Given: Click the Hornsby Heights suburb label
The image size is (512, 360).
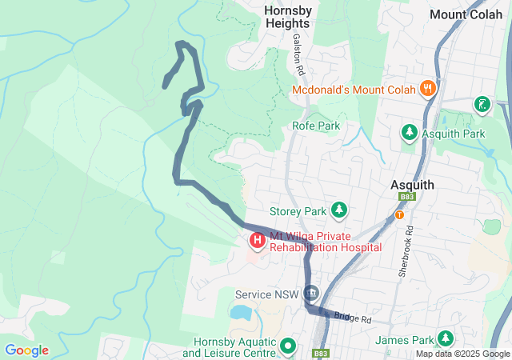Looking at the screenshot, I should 288,18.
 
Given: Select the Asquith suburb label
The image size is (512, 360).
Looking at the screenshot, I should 412,185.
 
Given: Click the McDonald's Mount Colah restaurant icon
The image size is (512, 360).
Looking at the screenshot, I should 429,90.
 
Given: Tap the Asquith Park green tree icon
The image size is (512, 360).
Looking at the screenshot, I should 409,132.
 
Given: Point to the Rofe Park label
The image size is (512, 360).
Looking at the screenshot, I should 316,126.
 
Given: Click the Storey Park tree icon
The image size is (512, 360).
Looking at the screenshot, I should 339,210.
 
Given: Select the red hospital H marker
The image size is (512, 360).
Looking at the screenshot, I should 258,239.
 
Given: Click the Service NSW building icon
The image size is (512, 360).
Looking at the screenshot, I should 310,294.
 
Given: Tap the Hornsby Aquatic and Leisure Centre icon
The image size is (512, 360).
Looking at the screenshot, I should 288,347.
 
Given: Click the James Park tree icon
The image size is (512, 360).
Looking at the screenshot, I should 444,339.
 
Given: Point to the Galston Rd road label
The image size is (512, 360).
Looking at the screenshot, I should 299,54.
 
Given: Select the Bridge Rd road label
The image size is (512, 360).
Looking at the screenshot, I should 354,318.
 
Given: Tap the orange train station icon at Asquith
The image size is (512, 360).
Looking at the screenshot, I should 399,214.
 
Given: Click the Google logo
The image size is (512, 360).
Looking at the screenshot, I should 26,350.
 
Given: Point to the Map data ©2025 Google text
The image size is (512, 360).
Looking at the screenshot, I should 462,354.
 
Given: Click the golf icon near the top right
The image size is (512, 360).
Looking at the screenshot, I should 482,104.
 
